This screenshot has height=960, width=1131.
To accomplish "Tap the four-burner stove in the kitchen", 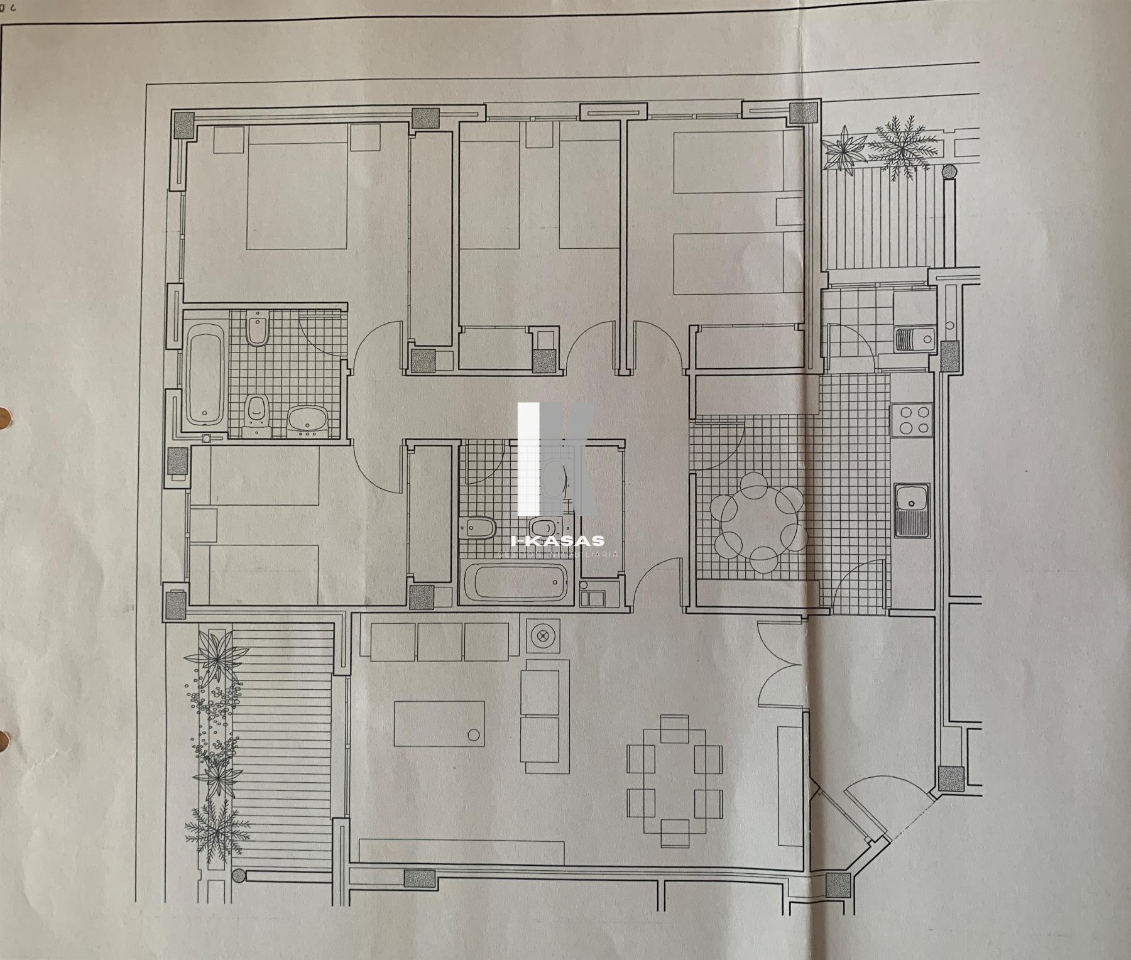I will pyautogui.click(x=914, y=420).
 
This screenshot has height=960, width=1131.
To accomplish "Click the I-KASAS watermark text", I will pyautogui.click(x=558, y=540).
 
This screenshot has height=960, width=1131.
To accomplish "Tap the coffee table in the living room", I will pyautogui.click(x=439, y=723).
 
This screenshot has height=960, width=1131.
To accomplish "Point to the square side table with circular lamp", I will pyautogui.click(x=541, y=636).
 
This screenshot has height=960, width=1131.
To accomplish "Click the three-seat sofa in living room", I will pyautogui.click(x=440, y=641).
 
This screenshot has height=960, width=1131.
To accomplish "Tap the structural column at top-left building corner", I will pyautogui.click(x=184, y=124).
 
